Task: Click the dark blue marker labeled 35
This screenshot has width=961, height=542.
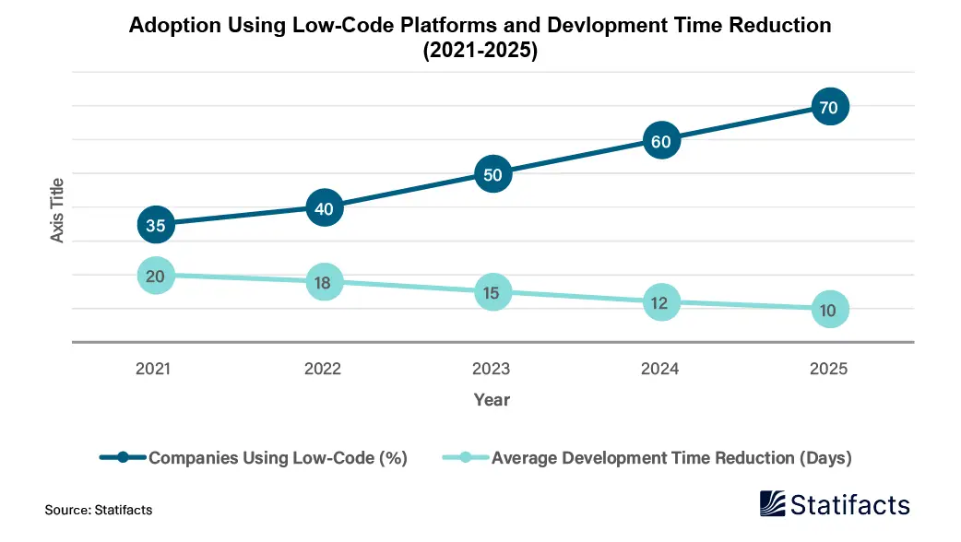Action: [156, 224]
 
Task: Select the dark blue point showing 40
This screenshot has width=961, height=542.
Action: [324, 207]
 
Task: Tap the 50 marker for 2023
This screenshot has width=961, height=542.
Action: [492, 174]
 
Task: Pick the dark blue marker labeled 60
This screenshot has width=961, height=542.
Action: [660, 141]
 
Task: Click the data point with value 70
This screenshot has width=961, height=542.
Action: [828, 107]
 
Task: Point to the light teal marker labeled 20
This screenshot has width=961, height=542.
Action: [156, 275]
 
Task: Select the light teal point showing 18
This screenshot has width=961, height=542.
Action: [324, 282]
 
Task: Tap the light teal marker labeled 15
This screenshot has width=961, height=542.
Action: [492, 292]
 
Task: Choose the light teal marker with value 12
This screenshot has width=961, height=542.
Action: [660, 301]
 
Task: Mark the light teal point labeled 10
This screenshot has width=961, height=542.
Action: [828, 310]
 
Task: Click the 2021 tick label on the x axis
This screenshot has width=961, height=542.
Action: [153, 369]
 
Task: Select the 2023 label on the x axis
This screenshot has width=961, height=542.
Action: [492, 369]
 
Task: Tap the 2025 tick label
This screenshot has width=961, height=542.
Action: [828, 369]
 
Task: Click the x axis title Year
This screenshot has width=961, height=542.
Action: [492, 400]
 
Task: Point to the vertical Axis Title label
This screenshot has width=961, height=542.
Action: [57, 210]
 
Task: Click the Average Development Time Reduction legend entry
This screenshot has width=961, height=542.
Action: [670, 457]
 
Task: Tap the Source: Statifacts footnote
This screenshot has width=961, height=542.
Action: [98, 509]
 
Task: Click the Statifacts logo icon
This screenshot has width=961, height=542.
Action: [773, 504]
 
